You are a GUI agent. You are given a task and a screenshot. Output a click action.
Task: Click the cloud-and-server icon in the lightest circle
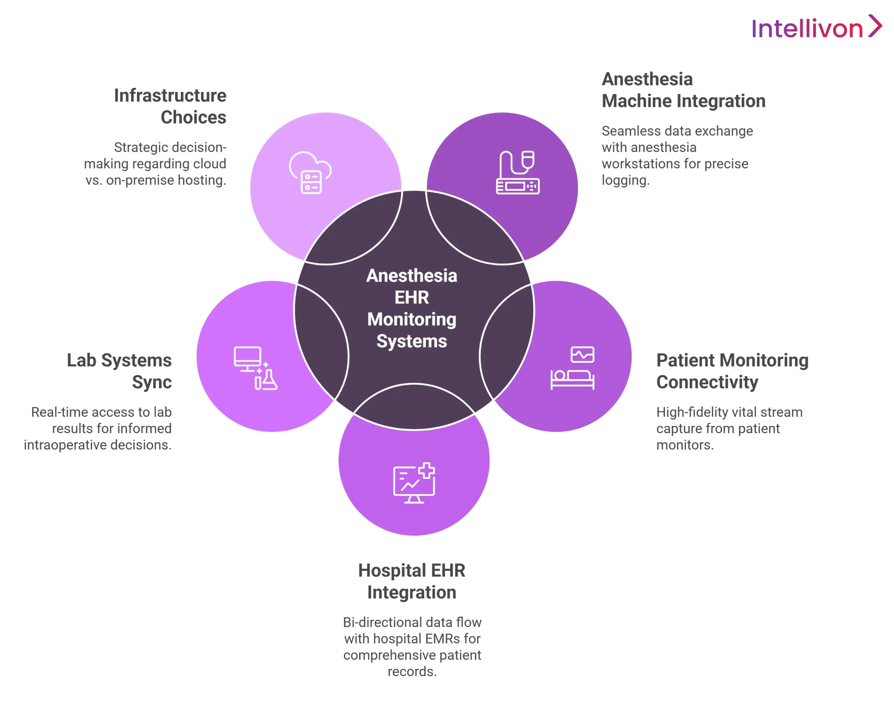(x=310, y=172)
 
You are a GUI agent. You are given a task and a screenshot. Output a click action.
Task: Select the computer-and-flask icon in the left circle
(x=255, y=368)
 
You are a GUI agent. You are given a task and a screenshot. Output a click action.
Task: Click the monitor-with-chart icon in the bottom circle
(x=414, y=483)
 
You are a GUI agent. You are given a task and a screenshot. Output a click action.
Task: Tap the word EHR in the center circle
(x=411, y=297)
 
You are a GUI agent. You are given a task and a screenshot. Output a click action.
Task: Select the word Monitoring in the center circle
(x=411, y=319)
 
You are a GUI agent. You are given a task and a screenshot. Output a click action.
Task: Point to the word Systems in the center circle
(x=411, y=341)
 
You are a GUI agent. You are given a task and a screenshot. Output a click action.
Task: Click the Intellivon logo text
(x=806, y=29)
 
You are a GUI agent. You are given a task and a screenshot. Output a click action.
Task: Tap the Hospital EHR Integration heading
(x=411, y=581)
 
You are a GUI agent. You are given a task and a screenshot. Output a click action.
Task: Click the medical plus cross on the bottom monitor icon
(x=426, y=471)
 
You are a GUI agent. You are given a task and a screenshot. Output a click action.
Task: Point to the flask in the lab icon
(x=270, y=380)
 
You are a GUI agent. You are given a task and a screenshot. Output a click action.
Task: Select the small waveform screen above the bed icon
(x=582, y=355)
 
